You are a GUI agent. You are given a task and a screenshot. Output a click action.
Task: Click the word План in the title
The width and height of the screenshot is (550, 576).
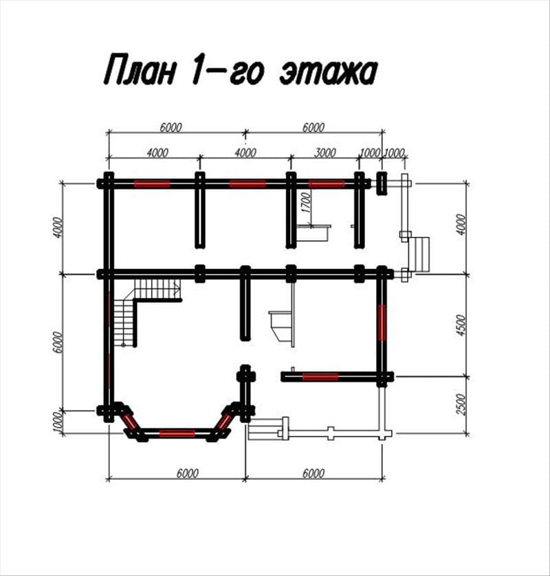(x=140, y=69)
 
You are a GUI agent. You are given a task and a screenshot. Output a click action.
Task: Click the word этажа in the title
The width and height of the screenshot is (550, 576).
(x=329, y=71)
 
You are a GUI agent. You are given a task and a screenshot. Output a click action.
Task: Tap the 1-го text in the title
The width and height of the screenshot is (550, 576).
(x=228, y=71)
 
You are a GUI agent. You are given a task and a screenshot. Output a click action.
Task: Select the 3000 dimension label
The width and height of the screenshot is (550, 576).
(x=325, y=152)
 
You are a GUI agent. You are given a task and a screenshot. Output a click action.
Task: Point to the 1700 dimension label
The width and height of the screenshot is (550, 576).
(x=306, y=203)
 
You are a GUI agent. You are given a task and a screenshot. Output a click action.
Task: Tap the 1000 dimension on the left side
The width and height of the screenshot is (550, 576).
(x=57, y=422)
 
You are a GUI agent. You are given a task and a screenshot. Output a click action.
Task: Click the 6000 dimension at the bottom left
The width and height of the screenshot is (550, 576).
(x=187, y=473)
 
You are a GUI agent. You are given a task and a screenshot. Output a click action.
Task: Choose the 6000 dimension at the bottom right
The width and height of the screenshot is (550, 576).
(x=313, y=473)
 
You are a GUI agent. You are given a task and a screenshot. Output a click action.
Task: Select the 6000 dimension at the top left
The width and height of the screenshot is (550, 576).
(x=170, y=127)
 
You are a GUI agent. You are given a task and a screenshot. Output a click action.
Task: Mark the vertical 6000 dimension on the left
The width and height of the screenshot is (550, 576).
(x=57, y=343)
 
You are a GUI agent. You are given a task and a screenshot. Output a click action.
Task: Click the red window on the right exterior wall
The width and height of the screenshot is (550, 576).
(x=382, y=323)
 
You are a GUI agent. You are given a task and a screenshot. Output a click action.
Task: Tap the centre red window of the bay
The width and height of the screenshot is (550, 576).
(x=177, y=433)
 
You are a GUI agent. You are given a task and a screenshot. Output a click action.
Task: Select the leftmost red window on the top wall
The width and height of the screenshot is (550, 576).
(x=153, y=184)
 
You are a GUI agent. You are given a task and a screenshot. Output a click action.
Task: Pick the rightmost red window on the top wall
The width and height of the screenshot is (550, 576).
(x=327, y=184)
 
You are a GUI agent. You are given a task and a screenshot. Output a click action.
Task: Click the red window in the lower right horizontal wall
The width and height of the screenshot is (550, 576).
(x=320, y=376)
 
